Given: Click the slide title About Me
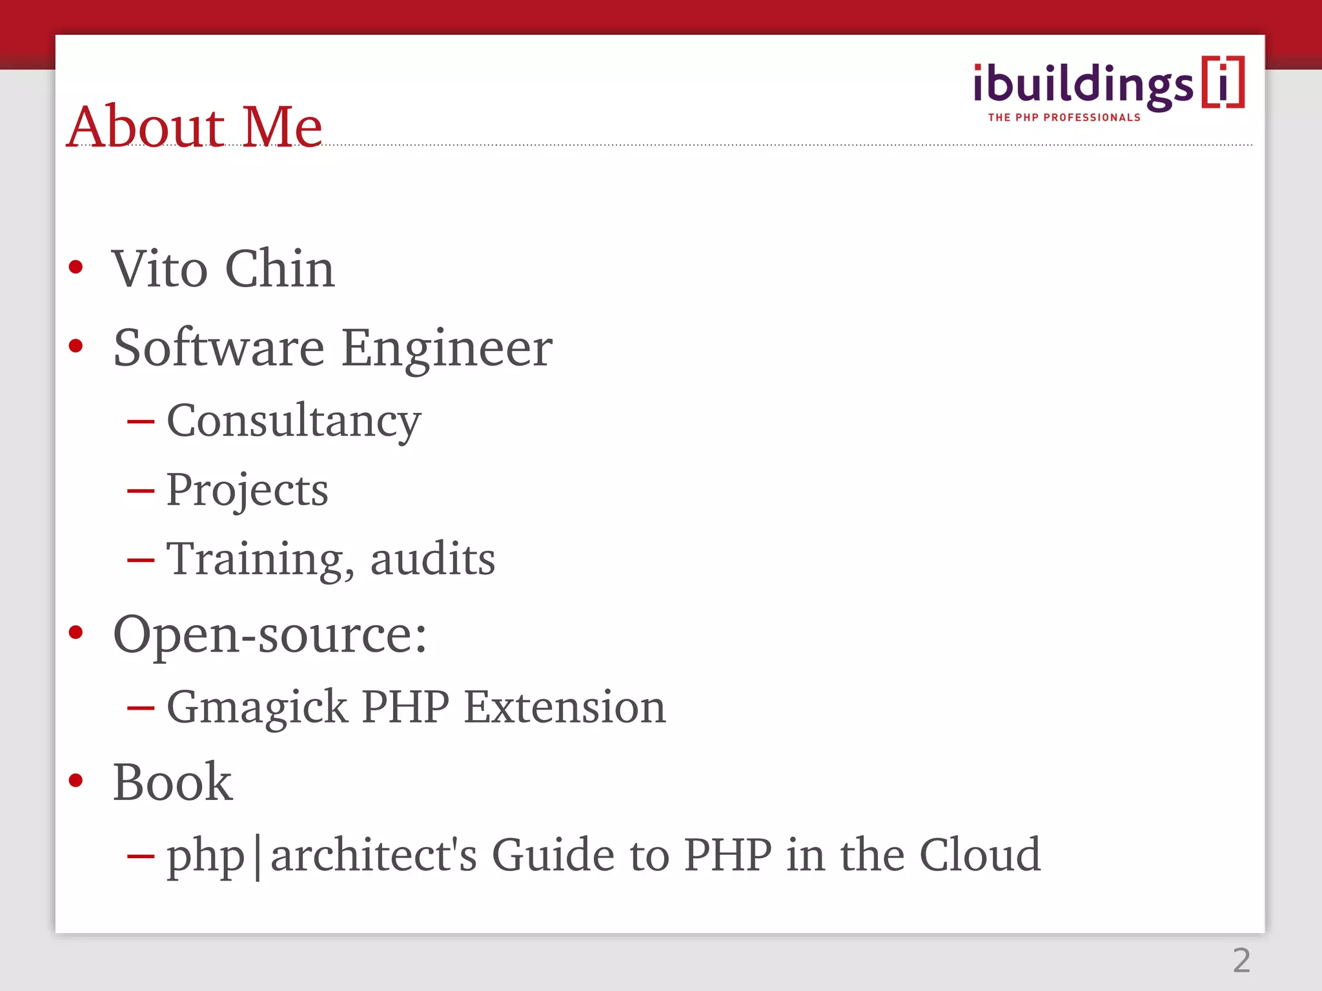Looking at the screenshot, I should pos(194,126).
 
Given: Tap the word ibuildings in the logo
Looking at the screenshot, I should pos(1083,85).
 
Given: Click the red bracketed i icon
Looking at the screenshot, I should pos(1223,82).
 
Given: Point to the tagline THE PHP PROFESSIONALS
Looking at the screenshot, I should pos(1064,117).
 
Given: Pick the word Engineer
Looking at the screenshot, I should pos(447,348).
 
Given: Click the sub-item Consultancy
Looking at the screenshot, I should pos(294,421).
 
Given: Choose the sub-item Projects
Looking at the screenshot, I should pos(247,490).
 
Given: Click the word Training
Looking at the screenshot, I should pos(260,559).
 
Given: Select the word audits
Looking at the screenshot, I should pos(432,559).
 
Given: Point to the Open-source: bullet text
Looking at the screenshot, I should pos(270,635).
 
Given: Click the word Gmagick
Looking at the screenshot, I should pos(257,707).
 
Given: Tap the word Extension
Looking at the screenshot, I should pos(565,706).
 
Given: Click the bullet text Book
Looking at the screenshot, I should pos(172,782).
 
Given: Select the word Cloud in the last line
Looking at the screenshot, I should pos(979,855).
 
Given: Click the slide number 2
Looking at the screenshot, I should pos(1241,961).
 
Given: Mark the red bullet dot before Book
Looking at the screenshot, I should pos(76,781).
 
